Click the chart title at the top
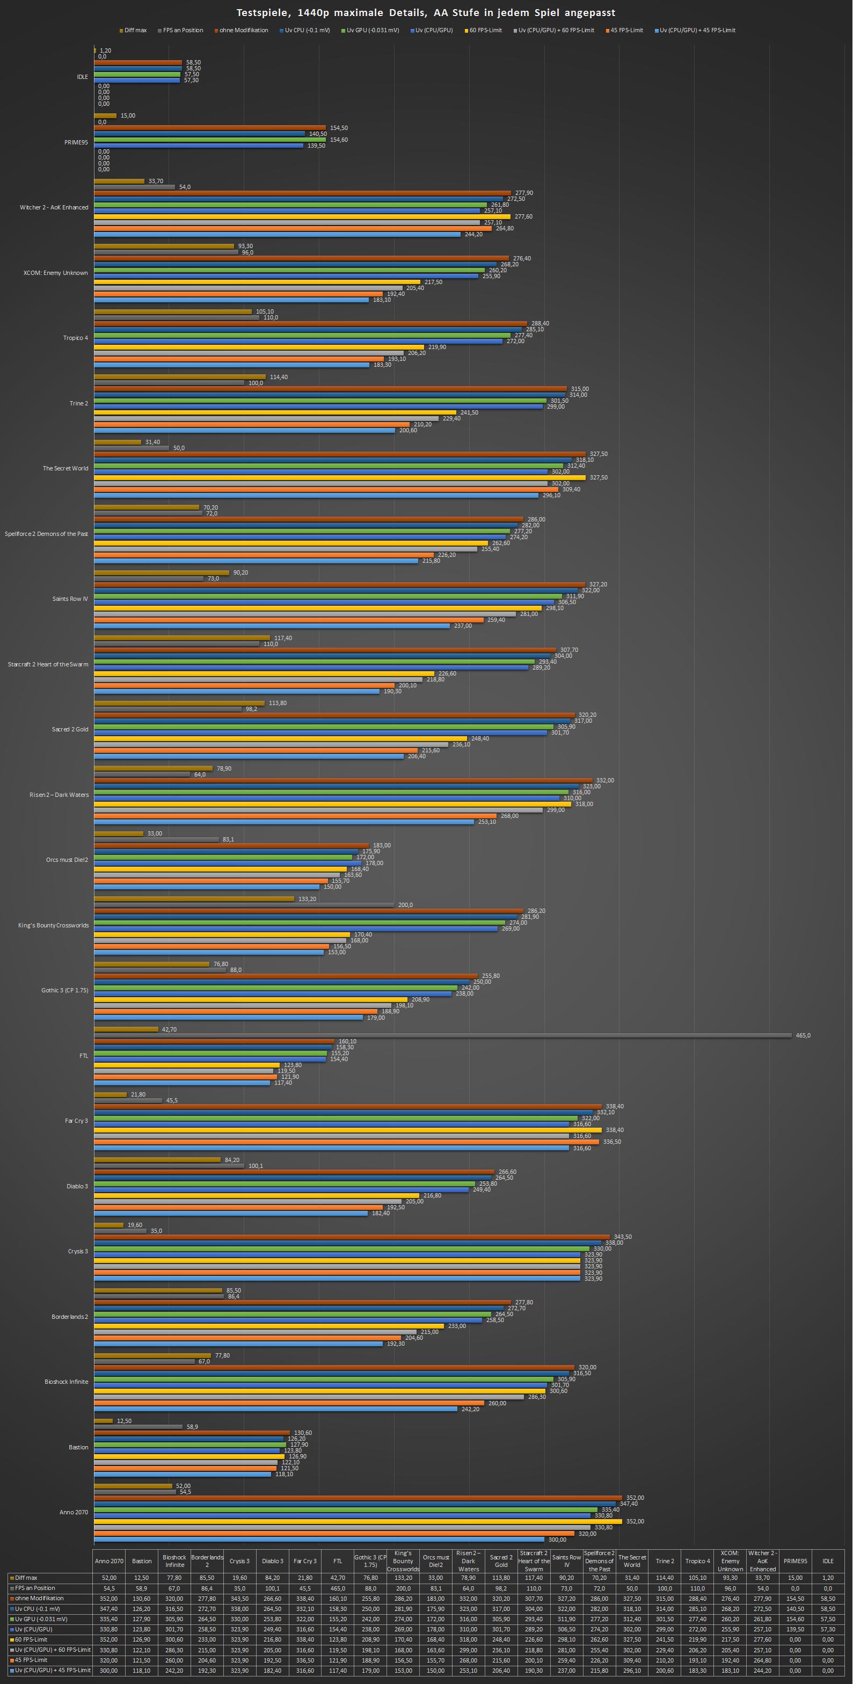(x=426, y=12)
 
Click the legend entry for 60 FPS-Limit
(x=485, y=30)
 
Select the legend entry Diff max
(x=135, y=30)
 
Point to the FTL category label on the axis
(x=84, y=1056)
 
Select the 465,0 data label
(x=803, y=1035)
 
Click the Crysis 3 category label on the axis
(x=78, y=1251)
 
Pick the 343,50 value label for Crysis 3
(x=622, y=1237)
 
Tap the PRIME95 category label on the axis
(x=76, y=142)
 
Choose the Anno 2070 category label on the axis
(x=73, y=1512)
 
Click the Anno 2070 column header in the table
(x=109, y=1561)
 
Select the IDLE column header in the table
(x=828, y=1561)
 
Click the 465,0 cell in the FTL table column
(x=337, y=1588)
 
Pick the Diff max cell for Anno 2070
(x=109, y=1578)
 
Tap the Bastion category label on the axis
(x=78, y=1447)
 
